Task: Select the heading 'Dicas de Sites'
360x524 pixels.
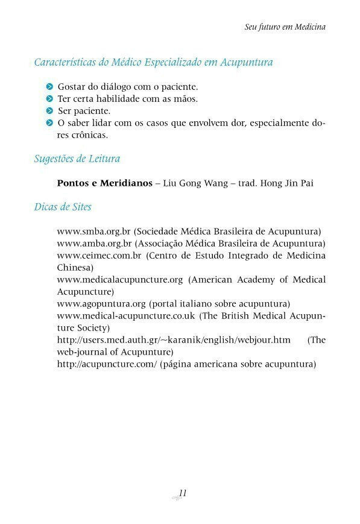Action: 63,207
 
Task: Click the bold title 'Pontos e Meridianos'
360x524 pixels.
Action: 104,183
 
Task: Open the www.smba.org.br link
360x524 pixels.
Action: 94,231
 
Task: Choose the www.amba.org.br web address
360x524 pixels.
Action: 94,243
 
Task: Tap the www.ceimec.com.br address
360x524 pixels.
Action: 99,255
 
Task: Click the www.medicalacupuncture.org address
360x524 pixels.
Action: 119,279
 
